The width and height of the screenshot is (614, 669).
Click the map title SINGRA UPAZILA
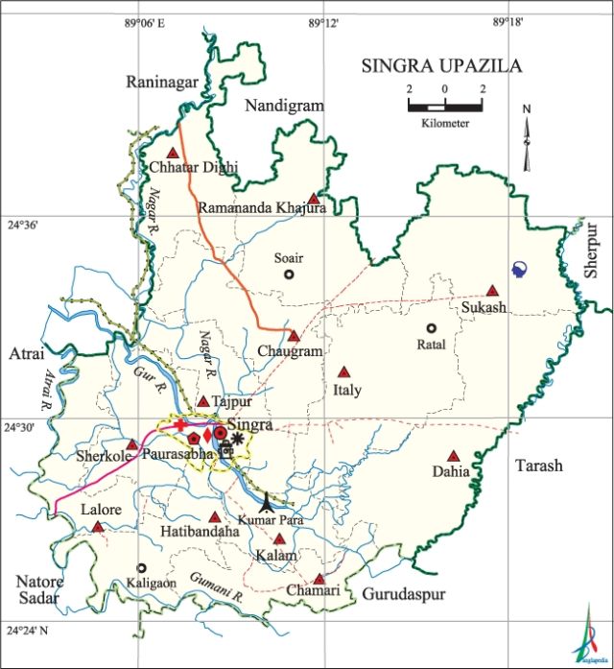click(441, 66)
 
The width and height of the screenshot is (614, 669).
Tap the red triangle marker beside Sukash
click(492, 291)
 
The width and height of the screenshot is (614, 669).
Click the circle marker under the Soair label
click(288, 275)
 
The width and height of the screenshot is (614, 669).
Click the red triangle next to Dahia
click(454, 457)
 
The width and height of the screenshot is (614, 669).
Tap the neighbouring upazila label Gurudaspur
click(403, 595)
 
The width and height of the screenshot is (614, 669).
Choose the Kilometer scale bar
click(444, 105)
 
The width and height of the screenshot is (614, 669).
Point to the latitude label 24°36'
click(23, 227)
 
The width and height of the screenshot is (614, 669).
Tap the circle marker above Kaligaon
click(142, 568)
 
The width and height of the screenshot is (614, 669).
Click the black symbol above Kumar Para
click(267, 501)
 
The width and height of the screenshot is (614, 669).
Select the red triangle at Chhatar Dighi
click(173, 153)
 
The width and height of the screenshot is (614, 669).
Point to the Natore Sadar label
click(39, 589)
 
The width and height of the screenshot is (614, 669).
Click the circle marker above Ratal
click(432, 328)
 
